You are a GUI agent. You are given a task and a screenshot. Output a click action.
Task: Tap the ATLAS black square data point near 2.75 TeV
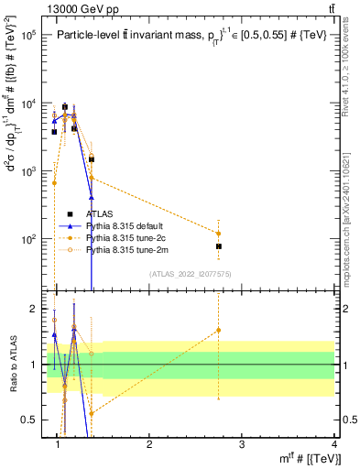point(219,246)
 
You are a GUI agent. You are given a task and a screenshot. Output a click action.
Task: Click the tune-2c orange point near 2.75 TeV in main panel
point(219,233)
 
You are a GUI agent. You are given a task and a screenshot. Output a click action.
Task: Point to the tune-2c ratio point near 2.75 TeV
point(219,330)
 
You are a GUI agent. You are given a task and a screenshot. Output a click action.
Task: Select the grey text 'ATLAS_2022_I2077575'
point(191,274)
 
